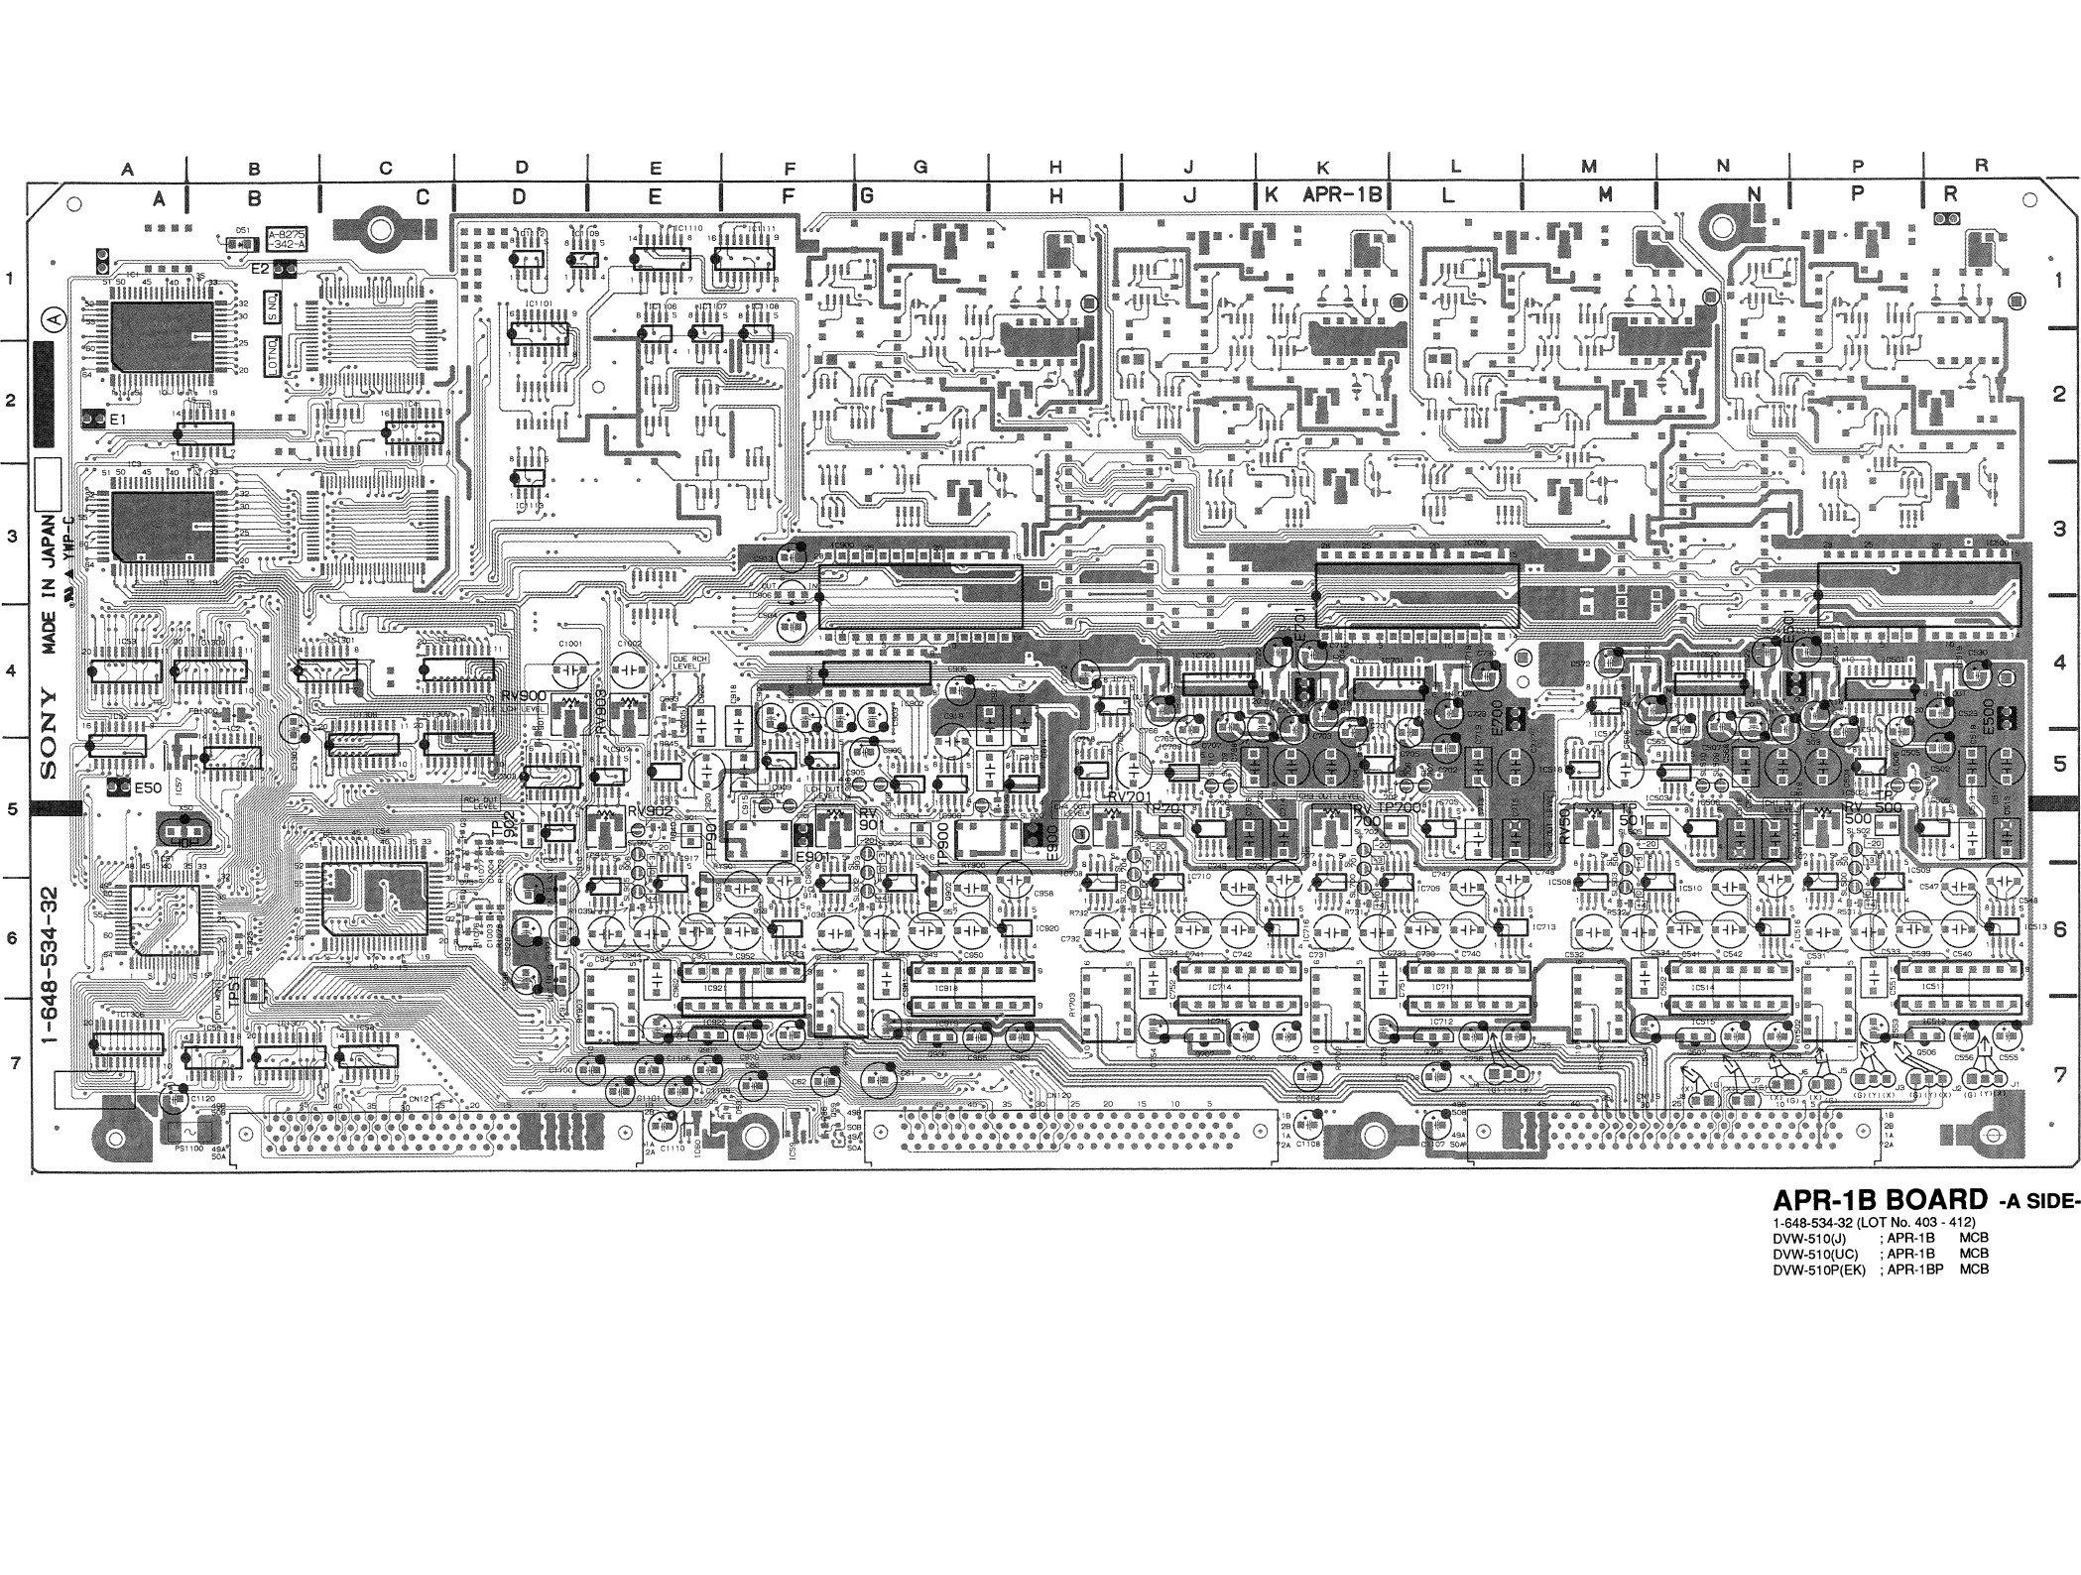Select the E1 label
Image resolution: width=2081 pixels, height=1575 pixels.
[x=118, y=421]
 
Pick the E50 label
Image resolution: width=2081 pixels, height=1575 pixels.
[x=148, y=787]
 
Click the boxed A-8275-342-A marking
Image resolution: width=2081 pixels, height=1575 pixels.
[x=288, y=237]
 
